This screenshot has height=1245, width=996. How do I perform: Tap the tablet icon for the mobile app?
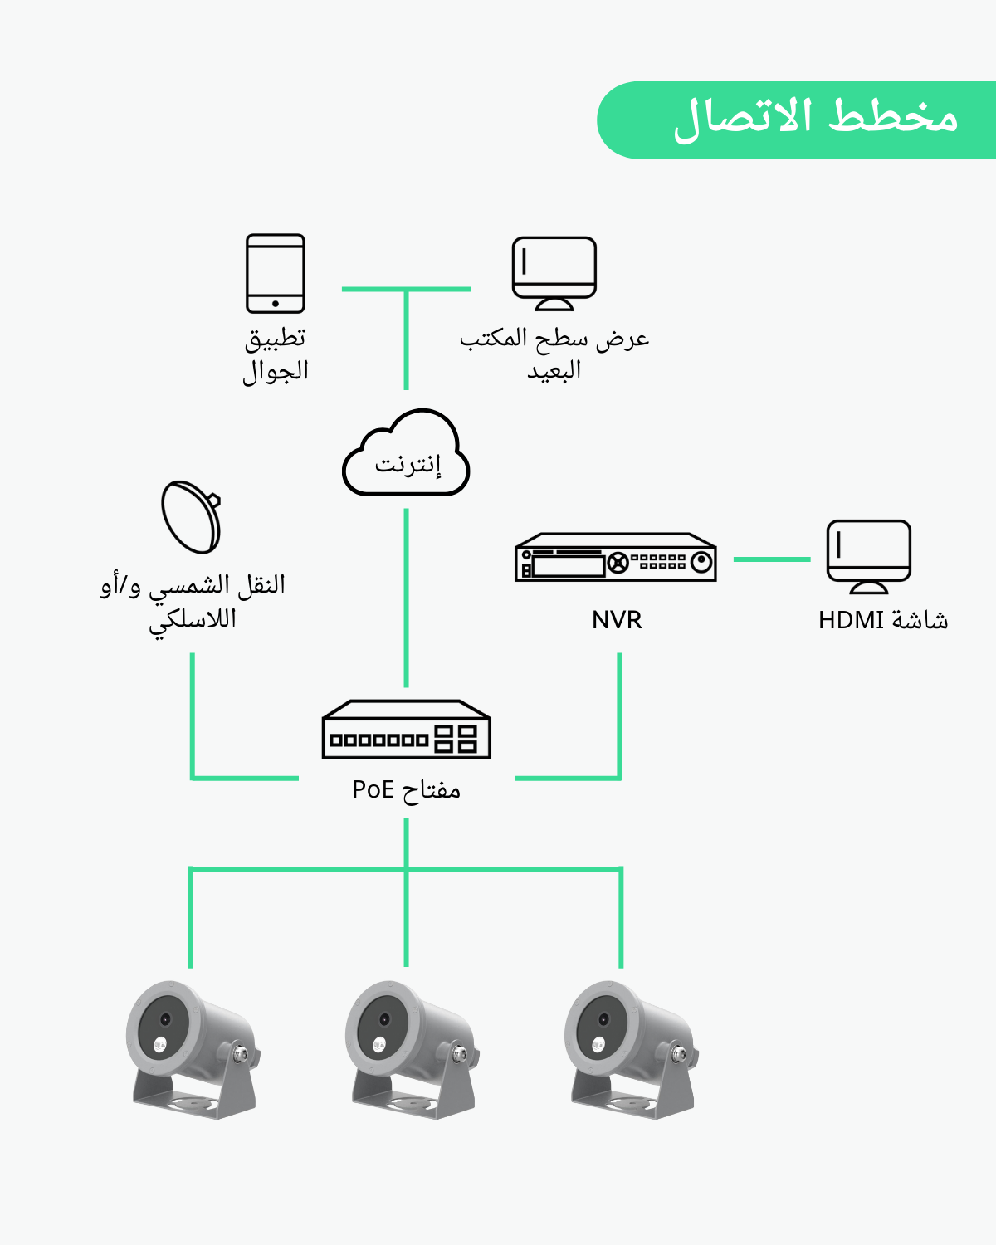pyautogui.click(x=276, y=273)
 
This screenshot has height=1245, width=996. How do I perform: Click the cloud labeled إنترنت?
pyautogui.click(x=406, y=456)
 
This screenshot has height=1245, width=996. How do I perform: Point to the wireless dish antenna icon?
pyautogui.click(x=192, y=516)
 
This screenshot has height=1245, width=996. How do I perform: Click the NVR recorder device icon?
pyautogui.click(x=615, y=557)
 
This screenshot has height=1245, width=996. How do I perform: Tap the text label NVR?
pyautogui.click(x=617, y=620)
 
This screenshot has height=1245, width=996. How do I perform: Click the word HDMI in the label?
pyautogui.click(x=851, y=620)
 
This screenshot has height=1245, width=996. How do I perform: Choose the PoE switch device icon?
pyautogui.click(x=406, y=730)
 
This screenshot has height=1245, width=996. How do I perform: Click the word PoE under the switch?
pyautogui.click(x=373, y=789)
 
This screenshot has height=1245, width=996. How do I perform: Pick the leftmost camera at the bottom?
pyautogui.click(x=192, y=1049)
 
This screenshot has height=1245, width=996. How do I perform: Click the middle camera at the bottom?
pyautogui.click(x=411, y=1049)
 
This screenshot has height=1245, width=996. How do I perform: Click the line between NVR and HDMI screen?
pyautogui.click(x=771, y=559)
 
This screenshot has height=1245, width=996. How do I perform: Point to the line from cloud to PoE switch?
pyautogui.click(x=406, y=598)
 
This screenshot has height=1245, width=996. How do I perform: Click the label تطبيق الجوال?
pyautogui.click(x=276, y=354)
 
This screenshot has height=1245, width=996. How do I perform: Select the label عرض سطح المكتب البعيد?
pyautogui.click(x=554, y=354)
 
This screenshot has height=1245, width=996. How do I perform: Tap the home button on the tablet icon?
pyautogui.click(x=276, y=304)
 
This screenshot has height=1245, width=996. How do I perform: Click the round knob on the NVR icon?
pyautogui.click(x=701, y=562)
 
